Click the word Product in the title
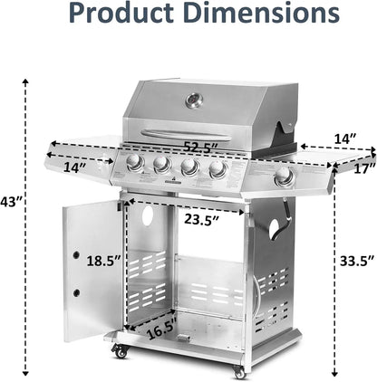click(121, 13)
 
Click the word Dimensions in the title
click(261, 12)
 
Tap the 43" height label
click(10, 202)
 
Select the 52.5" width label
click(201, 148)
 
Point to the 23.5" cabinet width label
click(201, 220)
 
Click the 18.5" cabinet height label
click(104, 261)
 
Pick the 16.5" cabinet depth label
click(161, 329)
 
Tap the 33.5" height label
click(357, 261)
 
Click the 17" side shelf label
click(365, 168)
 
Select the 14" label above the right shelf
click(345, 138)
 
